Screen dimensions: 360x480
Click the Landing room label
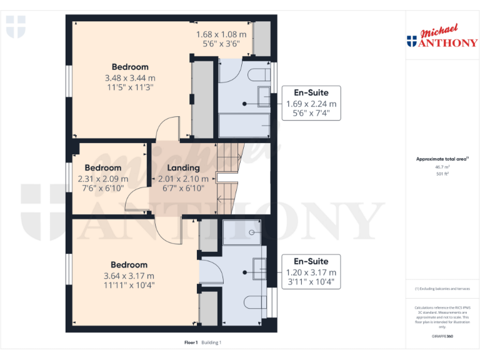[183, 167]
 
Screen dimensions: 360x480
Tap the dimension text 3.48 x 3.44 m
[130, 78]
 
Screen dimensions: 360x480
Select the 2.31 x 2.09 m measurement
[103, 179]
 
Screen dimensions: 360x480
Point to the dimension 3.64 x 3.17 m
[129, 276]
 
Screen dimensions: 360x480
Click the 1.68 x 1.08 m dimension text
[221, 34]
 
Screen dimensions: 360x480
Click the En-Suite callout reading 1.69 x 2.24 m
[311, 103]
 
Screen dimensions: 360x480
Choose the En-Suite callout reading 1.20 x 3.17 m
[311, 272]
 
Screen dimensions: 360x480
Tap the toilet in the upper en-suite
[257, 76]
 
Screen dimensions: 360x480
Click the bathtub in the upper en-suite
[244, 126]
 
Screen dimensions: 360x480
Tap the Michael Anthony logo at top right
[442, 37]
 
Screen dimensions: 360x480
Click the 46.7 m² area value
[442, 167]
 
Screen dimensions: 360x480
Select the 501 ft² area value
[442, 174]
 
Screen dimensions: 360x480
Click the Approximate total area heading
[441, 159]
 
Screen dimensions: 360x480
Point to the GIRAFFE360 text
[442, 337]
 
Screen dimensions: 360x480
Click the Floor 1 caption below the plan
[191, 342]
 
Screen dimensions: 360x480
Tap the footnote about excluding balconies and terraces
[442, 289]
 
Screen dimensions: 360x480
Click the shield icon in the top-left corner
[16, 27]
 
